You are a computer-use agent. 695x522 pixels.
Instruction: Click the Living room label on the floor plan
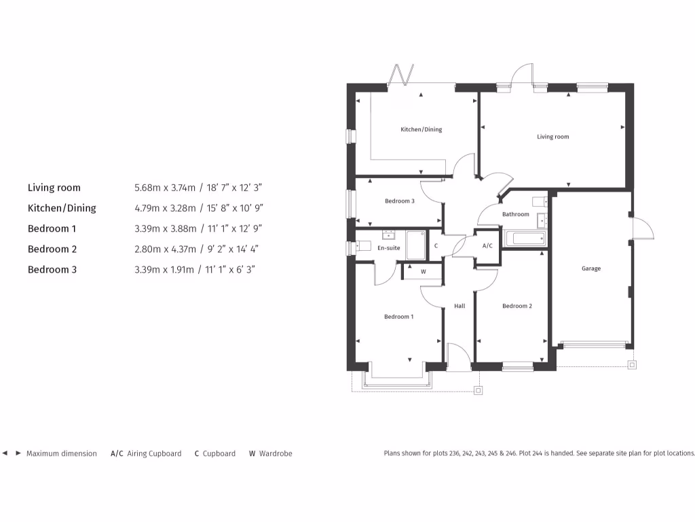[552, 137]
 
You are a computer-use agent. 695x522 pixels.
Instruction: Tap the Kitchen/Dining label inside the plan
[421, 129]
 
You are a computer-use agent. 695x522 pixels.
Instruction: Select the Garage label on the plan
[590, 268]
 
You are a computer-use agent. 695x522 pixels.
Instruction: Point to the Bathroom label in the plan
[515, 214]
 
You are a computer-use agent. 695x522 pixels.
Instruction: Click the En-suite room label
[389, 248]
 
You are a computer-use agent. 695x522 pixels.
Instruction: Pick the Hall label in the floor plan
[459, 307]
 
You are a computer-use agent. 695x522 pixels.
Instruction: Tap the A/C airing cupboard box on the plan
[487, 245]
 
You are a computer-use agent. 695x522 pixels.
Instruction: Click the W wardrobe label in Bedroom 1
[423, 272]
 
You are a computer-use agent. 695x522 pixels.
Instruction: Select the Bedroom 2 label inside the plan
[516, 306]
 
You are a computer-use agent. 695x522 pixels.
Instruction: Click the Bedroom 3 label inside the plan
[399, 201]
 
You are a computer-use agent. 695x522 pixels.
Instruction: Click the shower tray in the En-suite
[415, 245]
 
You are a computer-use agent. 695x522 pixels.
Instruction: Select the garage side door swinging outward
[642, 227]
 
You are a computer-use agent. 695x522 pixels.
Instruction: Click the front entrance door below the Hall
[459, 356]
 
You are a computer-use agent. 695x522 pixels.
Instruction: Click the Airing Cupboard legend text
[154, 453]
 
